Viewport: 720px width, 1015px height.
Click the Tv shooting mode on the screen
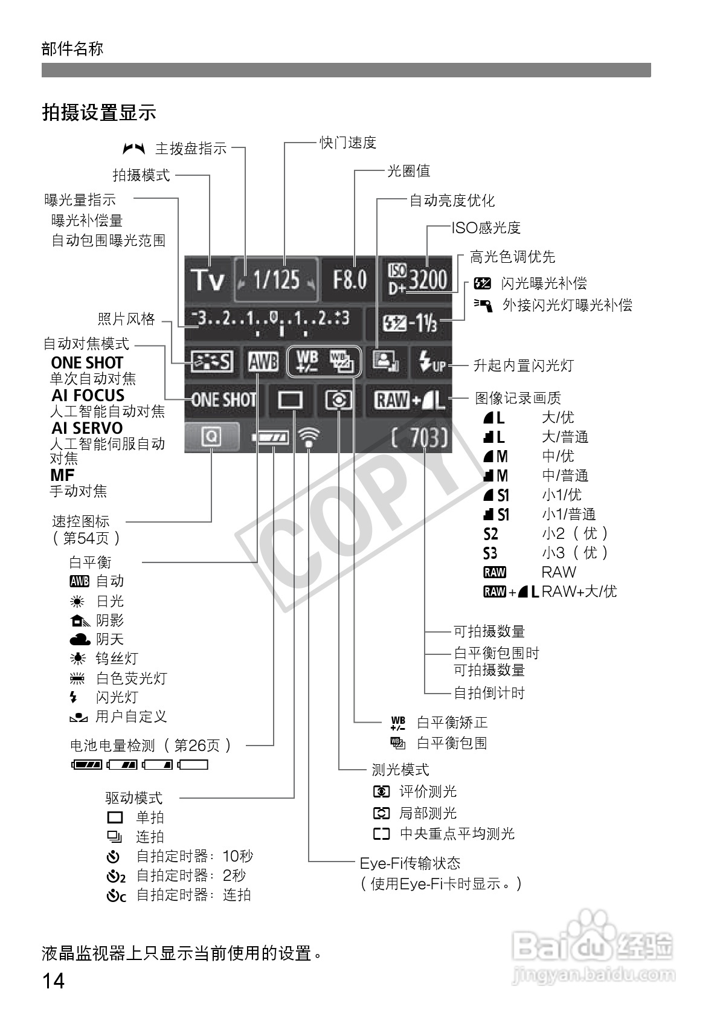207,280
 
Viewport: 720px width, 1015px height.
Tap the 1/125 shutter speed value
276,280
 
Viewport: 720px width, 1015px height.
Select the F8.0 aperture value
350,280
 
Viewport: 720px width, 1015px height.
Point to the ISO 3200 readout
418,280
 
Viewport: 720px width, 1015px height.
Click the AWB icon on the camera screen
263,362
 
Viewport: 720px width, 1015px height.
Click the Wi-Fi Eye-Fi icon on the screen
309,437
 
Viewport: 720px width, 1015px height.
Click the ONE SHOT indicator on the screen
223,400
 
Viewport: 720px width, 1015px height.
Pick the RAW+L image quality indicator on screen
410,400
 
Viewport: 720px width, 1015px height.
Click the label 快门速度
348,143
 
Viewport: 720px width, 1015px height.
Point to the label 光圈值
409,171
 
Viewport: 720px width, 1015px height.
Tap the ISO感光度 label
486,228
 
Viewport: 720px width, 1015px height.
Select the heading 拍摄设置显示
99,112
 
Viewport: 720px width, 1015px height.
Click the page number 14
53,980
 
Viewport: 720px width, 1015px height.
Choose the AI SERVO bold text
87,428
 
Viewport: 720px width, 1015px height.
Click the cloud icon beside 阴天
79,639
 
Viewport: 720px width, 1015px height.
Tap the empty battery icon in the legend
193,765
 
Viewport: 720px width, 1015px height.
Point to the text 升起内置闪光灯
523,365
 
